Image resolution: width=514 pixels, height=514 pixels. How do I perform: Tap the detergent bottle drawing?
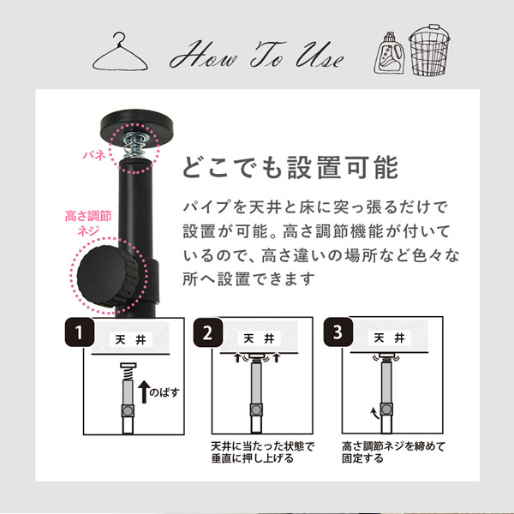[390, 53]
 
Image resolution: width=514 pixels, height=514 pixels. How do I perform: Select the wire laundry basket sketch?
[429, 50]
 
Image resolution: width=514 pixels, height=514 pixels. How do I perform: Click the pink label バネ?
[93, 155]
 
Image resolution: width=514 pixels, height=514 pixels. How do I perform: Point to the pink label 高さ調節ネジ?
[88, 224]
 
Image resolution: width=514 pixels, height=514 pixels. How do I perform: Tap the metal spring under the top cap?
[134, 145]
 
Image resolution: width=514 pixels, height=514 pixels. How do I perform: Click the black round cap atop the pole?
[137, 125]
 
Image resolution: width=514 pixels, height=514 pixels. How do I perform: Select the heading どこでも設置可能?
[290, 168]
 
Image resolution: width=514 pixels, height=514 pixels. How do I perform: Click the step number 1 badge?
[80, 332]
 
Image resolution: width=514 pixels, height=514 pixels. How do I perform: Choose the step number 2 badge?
[208, 332]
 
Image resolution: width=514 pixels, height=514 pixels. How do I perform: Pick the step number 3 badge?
[338, 332]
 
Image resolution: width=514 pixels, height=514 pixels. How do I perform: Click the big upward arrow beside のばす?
[144, 391]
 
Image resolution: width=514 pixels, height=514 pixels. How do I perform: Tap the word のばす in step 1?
[164, 392]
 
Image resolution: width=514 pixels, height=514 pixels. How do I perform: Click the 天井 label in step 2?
[259, 338]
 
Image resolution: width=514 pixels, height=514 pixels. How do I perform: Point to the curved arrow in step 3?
[374, 413]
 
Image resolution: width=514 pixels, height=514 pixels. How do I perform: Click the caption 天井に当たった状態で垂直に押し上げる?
[263, 452]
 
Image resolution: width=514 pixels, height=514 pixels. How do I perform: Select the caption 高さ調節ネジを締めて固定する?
[393, 452]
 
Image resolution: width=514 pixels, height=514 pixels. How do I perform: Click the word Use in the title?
[320, 56]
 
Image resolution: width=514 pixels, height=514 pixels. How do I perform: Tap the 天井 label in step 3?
[390, 338]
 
